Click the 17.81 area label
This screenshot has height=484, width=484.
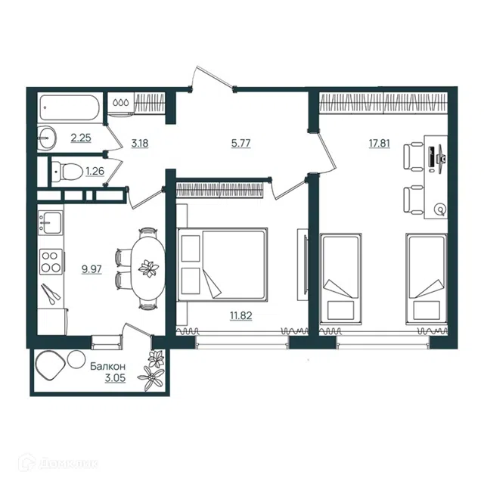(380, 143)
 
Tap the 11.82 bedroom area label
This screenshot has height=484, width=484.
(240, 315)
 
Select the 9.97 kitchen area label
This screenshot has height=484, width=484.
(92, 269)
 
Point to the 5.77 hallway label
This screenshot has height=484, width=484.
(240, 143)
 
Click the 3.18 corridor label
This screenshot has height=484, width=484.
(140, 143)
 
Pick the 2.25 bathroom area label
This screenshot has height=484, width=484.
(81, 138)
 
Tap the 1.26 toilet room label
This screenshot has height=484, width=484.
(95, 171)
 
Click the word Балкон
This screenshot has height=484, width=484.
(107, 366)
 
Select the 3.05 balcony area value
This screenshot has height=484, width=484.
(115, 378)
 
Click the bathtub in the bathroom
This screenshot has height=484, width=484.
(70, 107)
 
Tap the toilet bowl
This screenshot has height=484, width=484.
(67, 171)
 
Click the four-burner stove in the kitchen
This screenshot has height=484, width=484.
(51, 262)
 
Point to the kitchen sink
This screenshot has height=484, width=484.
(50, 222)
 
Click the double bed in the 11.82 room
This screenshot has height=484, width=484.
(222, 264)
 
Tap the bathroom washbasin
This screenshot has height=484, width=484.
(47, 138)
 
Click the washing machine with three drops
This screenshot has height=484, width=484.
(121, 104)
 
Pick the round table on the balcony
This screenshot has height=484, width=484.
(76, 359)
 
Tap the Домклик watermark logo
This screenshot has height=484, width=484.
(58, 463)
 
